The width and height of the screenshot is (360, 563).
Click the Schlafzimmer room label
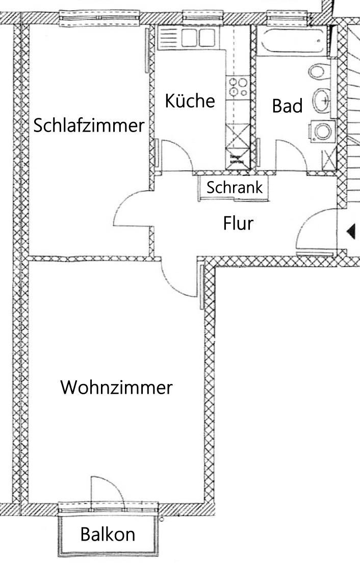[x=88, y=125]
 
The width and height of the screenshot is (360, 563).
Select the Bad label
[x=287, y=106]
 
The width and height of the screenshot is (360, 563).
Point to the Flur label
[x=238, y=223]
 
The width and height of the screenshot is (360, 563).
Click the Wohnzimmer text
[x=116, y=388]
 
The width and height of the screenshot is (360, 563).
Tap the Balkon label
[x=108, y=534]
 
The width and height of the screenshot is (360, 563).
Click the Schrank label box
[x=235, y=187]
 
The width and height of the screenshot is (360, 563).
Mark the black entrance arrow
[x=351, y=232]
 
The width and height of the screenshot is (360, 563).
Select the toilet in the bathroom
[x=318, y=71]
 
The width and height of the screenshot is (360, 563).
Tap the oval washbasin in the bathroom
[x=321, y=101]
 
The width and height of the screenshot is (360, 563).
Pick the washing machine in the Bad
[x=322, y=132]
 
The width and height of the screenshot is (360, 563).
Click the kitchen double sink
[x=192, y=38]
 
